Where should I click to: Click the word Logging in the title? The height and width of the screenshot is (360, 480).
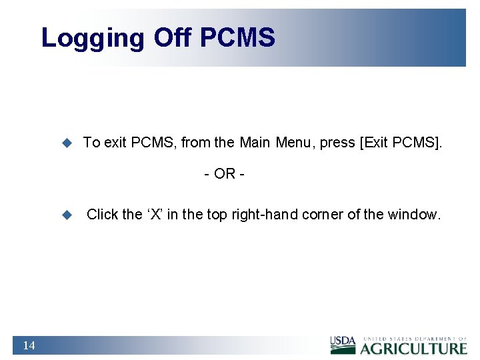92,38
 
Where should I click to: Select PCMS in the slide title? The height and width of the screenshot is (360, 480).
237,37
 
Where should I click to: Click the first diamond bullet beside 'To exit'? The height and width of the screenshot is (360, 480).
67,143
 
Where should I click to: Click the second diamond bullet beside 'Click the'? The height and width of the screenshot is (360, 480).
67,215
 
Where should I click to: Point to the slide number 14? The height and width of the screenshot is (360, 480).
29,345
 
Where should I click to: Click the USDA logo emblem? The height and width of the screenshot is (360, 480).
343,345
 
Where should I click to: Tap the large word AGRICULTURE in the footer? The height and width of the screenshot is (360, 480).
414,349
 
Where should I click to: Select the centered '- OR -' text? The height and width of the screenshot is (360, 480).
225,174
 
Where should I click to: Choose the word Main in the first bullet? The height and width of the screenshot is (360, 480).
254,142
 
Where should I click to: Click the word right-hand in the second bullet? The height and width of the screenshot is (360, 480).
265,215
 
